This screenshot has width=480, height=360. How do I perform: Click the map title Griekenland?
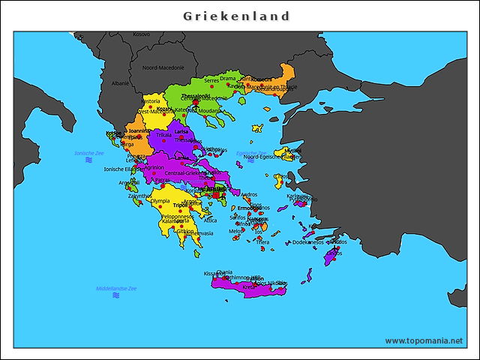[237, 16]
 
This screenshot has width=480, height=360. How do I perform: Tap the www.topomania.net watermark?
[424, 340]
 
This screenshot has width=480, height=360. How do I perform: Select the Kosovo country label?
[141, 34]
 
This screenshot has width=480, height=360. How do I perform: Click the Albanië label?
[120, 83]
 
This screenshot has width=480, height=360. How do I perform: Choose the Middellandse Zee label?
[116, 288]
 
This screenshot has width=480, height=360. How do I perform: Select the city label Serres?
[211, 79]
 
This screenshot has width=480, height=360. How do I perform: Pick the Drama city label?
[228, 79]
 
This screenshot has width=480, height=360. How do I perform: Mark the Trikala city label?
[163, 135]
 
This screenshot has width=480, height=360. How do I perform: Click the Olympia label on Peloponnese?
[160, 201]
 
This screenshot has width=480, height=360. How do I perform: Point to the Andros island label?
[249, 195]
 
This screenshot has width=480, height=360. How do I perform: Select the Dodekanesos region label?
[308, 242]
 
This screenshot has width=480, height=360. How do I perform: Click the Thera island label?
[262, 242]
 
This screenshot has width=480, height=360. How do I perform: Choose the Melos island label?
[235, 231]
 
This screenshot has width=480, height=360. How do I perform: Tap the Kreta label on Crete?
[249, 286]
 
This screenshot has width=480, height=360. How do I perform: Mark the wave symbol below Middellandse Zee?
[116, 295]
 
